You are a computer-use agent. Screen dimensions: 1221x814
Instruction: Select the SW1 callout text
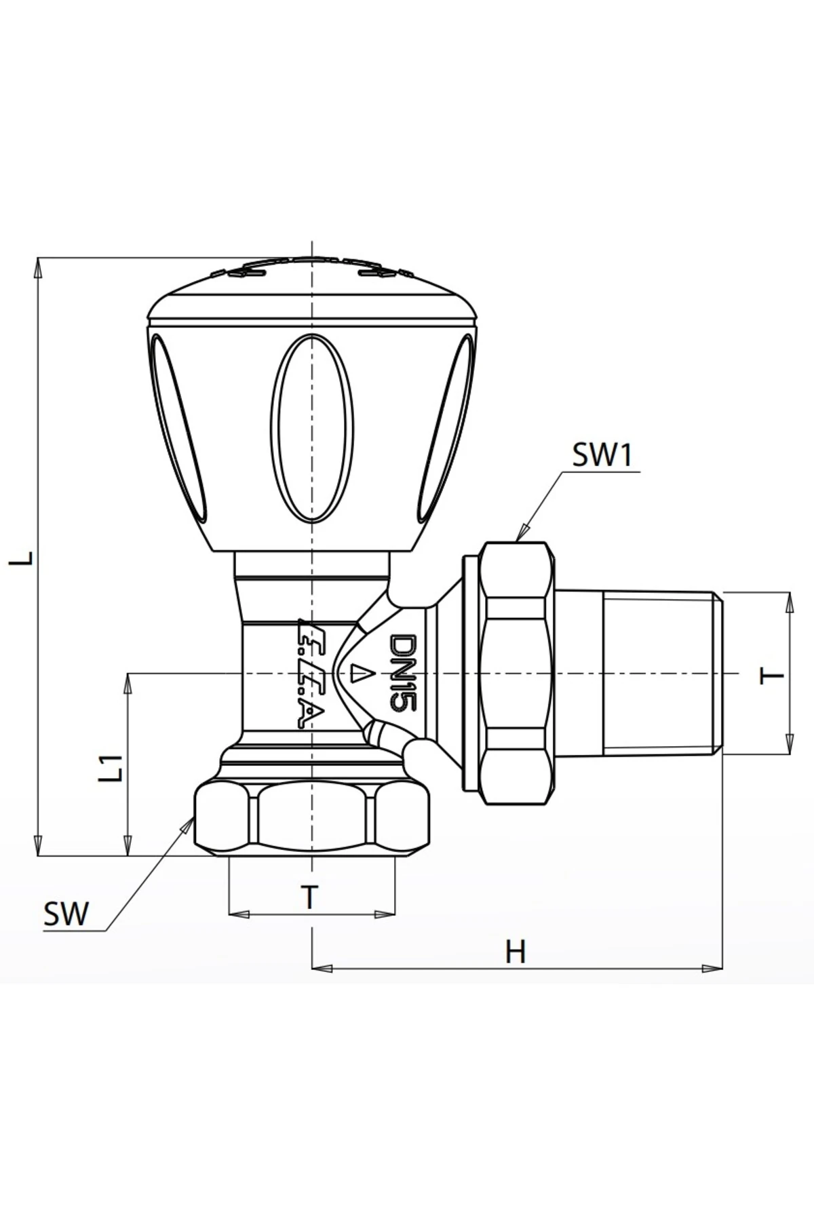pyautogui.click(x=602, y=456)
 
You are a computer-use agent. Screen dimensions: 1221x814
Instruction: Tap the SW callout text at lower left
pyautogui.click(x=66, y=914)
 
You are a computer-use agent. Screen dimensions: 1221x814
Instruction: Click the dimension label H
pyautogui.click(x=516, y=952)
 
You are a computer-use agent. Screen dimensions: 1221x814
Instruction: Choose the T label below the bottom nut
pyautogui.click(x=309, y=897)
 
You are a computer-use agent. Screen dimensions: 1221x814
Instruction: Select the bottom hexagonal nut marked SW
pyautogui.click(x=312, y=819)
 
